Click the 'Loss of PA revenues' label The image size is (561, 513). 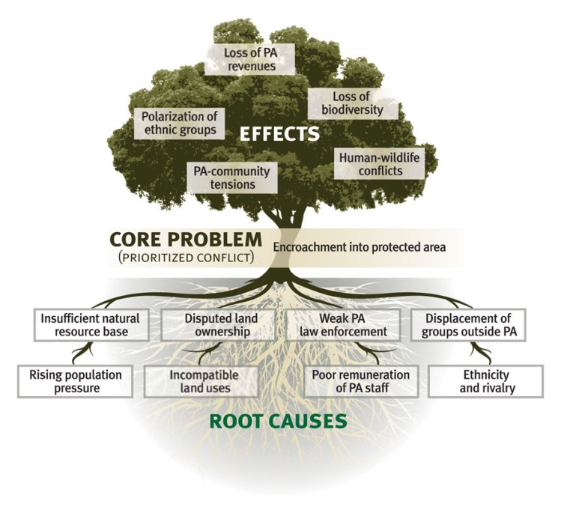[x=249, y=59]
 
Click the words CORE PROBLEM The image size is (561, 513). [x=185, y=240]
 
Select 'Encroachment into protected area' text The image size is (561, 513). [x=360, y=246]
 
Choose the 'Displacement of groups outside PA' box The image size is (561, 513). [x=468, y=324]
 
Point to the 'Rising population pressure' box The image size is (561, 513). [x=75, y=380]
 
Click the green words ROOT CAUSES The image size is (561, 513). [x=279, y=420]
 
